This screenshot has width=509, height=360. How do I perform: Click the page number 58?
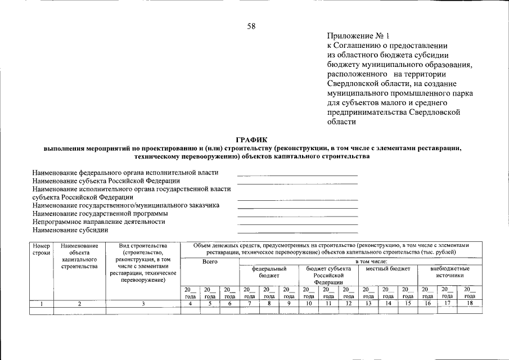pyautogui.click(x=251, y=26)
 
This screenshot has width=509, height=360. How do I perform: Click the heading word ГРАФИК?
pyautogui.click(x=253, y=140)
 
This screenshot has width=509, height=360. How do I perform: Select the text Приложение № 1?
pyautogui.click(x=354, y=35)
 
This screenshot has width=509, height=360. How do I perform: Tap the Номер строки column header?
pyautogui.click(x=42, y=249)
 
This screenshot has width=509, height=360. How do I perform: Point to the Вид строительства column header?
pyautogui.click(x=143, y=263)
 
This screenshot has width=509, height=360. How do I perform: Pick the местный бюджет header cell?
pyautogui.click(x=388, y=269)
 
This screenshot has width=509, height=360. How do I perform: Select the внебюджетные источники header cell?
pyautogui.click(x=449, y=272)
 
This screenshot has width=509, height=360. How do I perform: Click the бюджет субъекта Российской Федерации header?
pyautogui.click(x=328, y=276)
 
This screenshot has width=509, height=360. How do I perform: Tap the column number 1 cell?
pyautogui.click(x=42, y=304)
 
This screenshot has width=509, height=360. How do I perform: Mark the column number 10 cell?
pyautogui.click(x=309, y=304)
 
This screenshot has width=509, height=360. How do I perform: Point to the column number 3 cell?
pyautogui.click(x=143, y=304)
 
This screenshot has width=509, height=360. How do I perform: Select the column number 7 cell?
pyautogui.click(x=249, y=304)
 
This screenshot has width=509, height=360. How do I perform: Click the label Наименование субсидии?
pyautogui.click(x=70, y=230)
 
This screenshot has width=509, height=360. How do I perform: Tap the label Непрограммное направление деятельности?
pyautogui.click(x=99, y=222)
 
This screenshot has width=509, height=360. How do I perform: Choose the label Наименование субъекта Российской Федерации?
pyautogui.click(x=106, y=181)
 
